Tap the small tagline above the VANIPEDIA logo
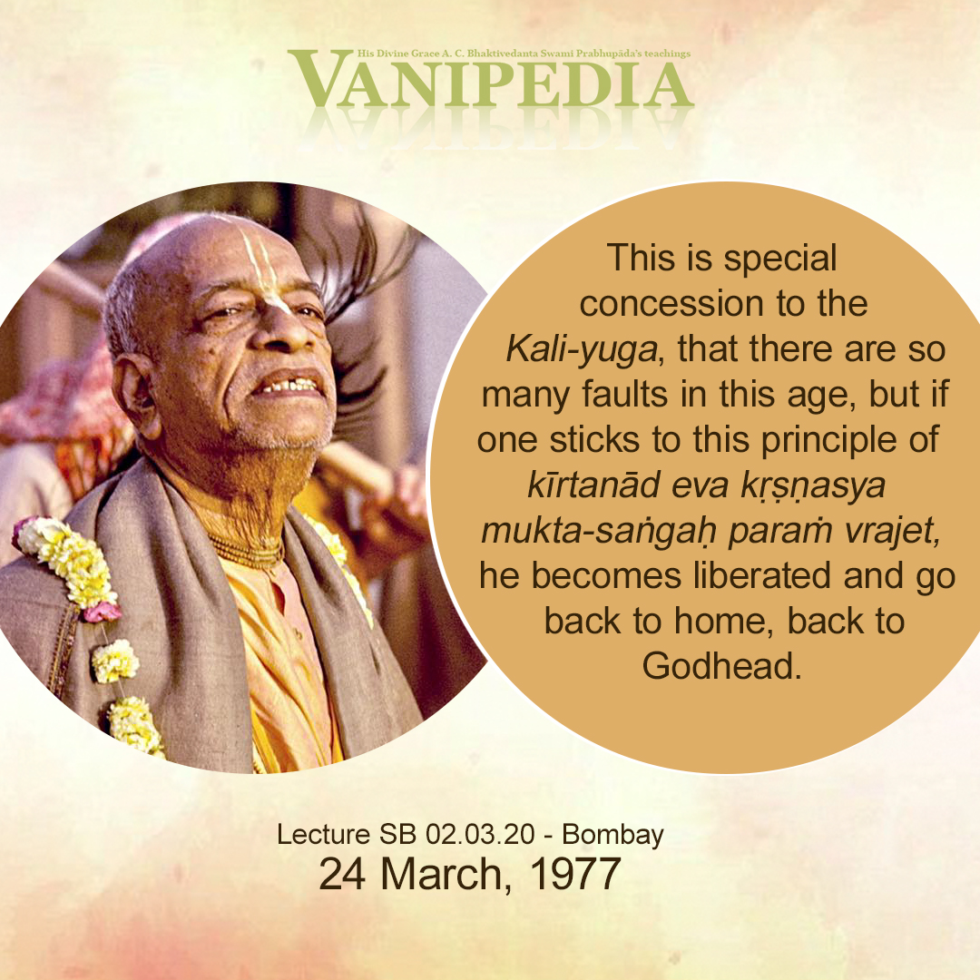click(524, 54)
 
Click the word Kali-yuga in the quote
click(582, 349)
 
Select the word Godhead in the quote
click(722, 666)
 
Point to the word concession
click(671, 304)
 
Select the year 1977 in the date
click(574, 873)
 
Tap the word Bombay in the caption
click(612, 836)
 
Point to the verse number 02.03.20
click(480, 835)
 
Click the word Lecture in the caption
click(324, 835)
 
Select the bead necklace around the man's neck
click(247, 552)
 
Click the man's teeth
click(290, 385)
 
